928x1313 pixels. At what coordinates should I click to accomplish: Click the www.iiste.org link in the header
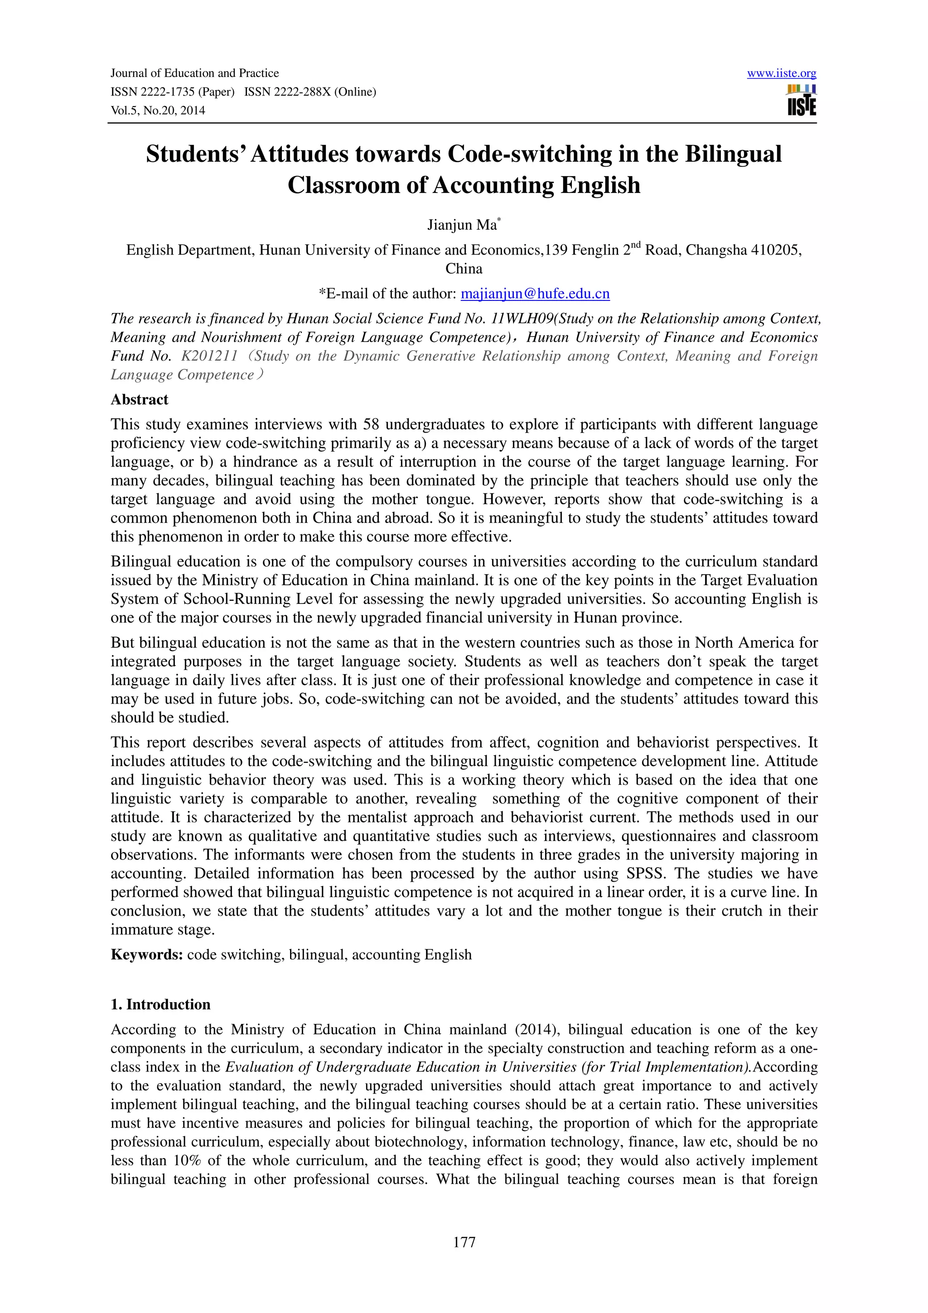(781, 73)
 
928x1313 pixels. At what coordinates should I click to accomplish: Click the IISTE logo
(802, 101)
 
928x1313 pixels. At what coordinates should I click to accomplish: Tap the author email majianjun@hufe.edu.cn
(535, 294)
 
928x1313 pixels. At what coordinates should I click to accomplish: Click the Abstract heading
(140, 400)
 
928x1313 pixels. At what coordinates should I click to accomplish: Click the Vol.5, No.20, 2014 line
(158, 111)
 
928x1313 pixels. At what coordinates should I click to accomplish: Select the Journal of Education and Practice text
(194, 73)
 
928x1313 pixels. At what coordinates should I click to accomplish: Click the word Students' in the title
(194, 154)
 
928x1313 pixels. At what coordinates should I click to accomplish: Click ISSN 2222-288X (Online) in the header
(310, 92)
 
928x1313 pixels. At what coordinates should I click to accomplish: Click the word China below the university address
(464, 269)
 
